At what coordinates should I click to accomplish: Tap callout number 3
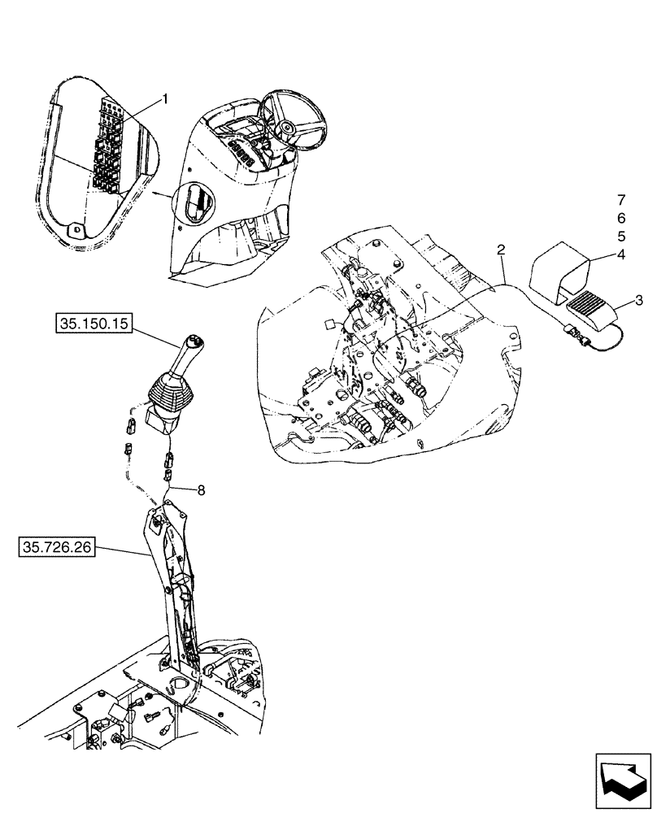(x=639, y=301)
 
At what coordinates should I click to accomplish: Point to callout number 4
(x=621, y=255)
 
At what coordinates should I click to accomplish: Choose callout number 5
(x=621, y=237)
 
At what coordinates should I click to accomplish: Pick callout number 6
(x=621, y=218)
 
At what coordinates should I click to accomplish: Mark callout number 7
(x=621, y=199)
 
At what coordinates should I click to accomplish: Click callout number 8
(x=201, y=489)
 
